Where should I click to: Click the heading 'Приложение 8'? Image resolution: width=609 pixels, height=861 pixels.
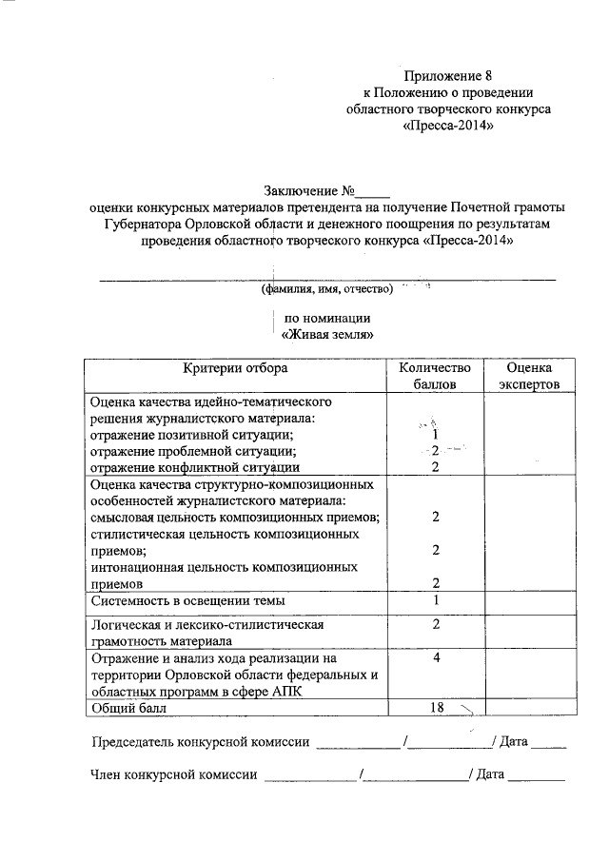tap(448, 74)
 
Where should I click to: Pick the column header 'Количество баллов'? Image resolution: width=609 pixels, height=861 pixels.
tap(435, 376)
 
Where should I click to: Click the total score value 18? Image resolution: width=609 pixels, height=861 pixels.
tap(434, 708)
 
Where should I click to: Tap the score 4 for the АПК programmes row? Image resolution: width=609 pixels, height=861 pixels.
tap(434, 657)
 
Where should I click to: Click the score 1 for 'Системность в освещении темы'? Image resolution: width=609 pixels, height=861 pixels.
tap(435, 600)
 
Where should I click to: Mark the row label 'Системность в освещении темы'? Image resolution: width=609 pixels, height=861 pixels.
tap(187, 601)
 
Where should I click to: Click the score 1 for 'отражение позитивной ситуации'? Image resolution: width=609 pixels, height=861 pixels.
tap(434, 434)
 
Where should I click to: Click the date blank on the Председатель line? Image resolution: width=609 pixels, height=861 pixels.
tap(549, 743)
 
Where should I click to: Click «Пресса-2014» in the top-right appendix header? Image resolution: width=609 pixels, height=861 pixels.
tap(448, 126)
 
